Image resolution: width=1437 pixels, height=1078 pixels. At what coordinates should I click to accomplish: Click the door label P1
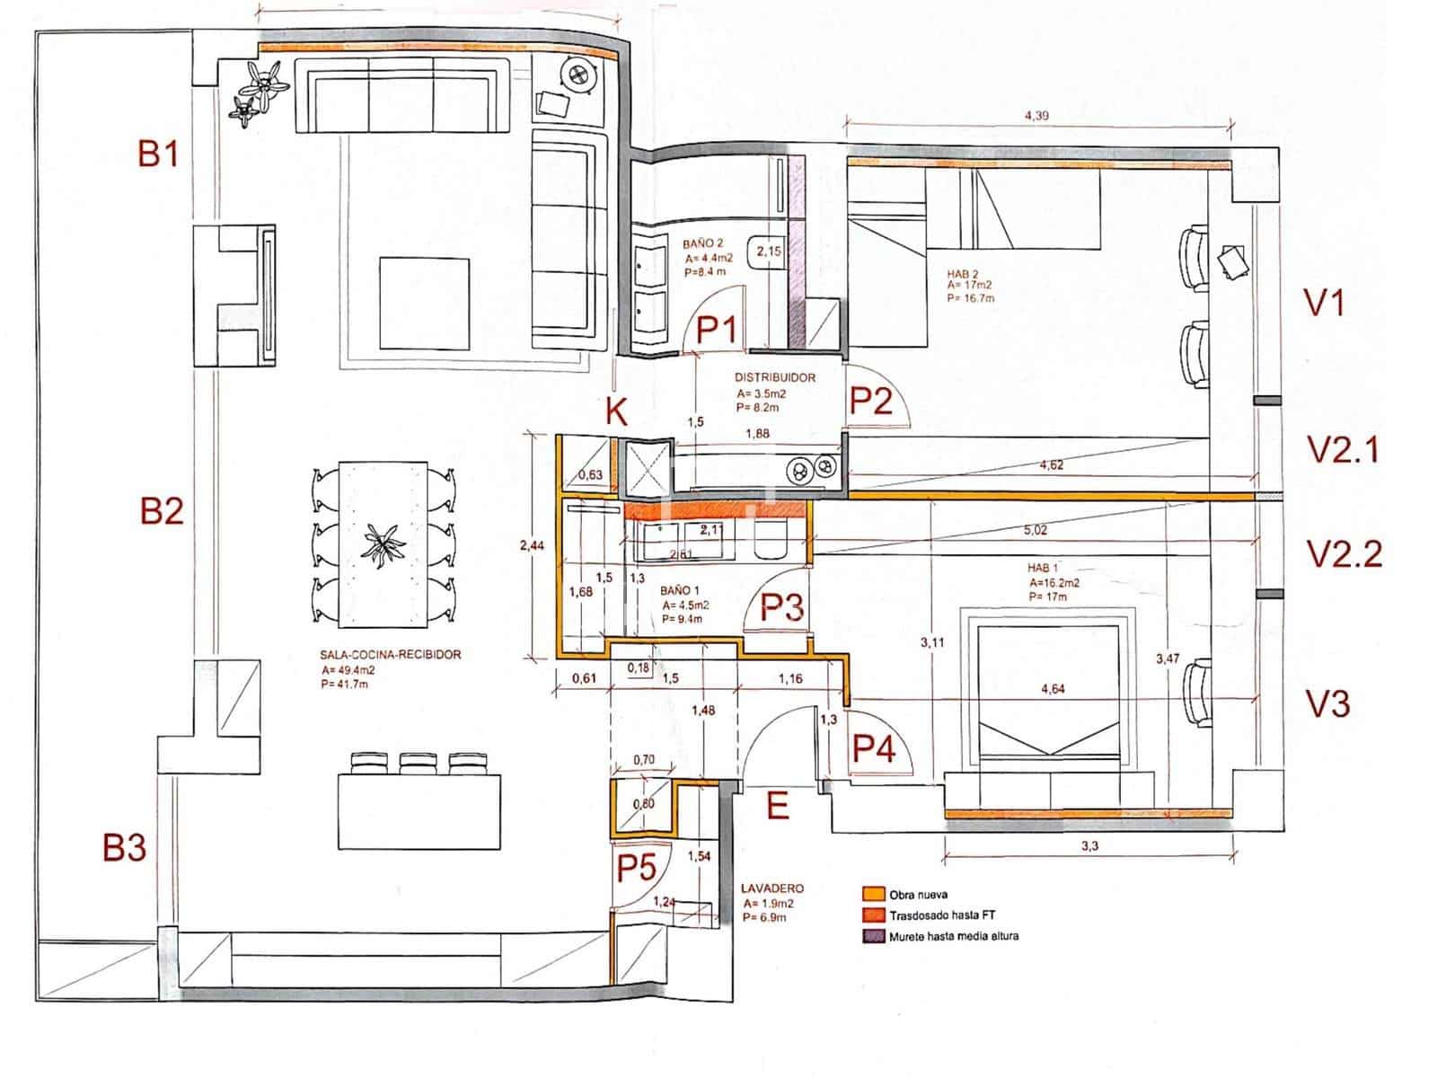coord(717,330)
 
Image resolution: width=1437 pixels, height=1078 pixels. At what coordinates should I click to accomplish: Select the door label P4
coord(873,747)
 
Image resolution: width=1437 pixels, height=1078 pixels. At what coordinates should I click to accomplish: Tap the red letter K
coord(616,412)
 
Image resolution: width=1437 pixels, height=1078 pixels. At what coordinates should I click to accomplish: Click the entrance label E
coord(778,806)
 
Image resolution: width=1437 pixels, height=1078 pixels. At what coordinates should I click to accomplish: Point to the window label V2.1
coord(1342,449)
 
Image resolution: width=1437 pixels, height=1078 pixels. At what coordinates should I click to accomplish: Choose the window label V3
coord(1327,704)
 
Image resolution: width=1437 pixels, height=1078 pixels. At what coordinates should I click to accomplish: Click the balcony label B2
coord(162,511)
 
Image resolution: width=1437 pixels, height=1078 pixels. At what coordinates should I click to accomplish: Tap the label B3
coord(124,847)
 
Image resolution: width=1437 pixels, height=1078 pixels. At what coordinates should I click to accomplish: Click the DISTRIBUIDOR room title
coord(774,378)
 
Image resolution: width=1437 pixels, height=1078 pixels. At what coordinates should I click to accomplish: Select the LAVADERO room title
coord(772,888)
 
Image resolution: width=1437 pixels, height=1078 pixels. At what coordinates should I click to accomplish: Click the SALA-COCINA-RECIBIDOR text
coord(390,655)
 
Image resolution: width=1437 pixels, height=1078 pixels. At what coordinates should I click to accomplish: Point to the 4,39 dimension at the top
coord(1037,116)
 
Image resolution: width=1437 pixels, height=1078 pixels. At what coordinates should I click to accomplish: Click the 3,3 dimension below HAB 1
coord(1089,845)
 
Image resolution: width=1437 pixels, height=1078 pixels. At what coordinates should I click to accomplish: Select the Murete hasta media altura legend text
coord(954,936)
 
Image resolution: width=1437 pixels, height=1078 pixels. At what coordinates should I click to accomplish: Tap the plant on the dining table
coord(383,545)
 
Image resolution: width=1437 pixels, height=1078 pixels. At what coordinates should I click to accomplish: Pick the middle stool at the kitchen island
coord(415,763)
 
